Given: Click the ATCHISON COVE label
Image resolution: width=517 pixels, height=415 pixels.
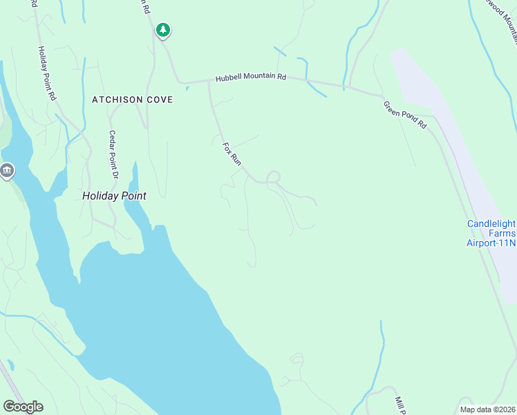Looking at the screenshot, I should point(132,100).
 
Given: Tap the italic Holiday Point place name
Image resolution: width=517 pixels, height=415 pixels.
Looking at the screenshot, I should point(114,196).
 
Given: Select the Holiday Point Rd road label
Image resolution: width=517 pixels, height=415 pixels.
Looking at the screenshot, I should point(46,74).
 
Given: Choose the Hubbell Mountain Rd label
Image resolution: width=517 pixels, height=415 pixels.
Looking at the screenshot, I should point(250,78).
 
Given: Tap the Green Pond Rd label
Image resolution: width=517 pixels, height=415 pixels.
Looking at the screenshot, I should point(406,114).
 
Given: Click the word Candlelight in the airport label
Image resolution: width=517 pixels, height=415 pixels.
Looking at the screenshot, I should point(491,223).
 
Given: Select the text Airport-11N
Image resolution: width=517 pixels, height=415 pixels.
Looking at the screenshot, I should point(491,243).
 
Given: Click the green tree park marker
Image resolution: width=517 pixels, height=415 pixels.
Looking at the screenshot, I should point(163,30).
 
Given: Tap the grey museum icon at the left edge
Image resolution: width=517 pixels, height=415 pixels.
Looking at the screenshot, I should point(7,170).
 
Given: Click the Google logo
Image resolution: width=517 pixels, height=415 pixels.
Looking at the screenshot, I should point(23,407).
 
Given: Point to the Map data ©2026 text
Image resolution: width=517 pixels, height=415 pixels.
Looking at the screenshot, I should point(487,409).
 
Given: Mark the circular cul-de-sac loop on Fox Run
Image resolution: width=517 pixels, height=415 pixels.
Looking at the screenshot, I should point(274,177).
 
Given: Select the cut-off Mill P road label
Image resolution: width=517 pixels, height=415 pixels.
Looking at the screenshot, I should point(399,403).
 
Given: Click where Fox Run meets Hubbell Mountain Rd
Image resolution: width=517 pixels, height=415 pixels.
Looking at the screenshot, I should point(209,82).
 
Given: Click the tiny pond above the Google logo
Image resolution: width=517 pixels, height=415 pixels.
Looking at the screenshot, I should point(10,365).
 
